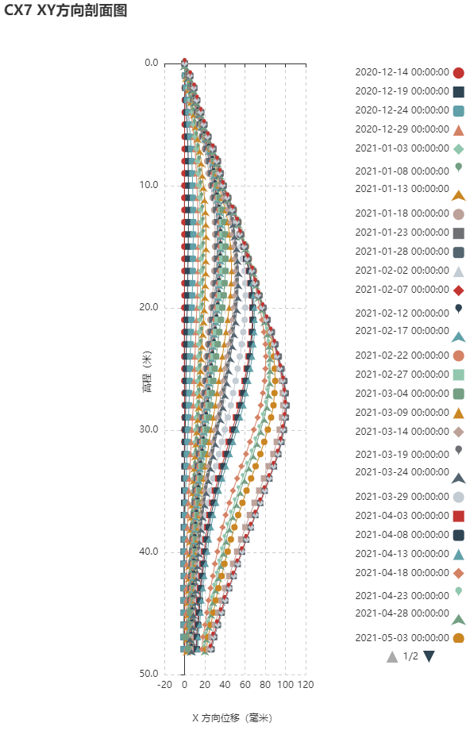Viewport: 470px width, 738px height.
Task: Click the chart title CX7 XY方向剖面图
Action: pyautogui.click(x=66, y=10)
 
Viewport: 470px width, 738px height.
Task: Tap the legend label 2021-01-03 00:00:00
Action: pyautogui.click(x=402, y=148)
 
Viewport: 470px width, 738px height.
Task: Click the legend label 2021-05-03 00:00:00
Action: pyautogui.click(x=402, y=638)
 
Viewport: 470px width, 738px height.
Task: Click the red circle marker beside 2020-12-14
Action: pyautogui.click(x=458, y=73)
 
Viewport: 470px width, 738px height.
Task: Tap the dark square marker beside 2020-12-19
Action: pyautogui.click(x=458, y=92)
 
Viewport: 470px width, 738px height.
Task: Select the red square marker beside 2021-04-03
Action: pyautogui.click(x=458, y=516)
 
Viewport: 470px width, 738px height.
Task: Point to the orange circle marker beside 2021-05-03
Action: pyautogui.click(x=458, y=638)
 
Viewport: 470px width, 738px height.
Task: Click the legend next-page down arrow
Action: pyautogui.click(x=429, y=656)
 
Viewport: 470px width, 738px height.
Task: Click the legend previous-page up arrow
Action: pyautogui.click(x=392, y=656)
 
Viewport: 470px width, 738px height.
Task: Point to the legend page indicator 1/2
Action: pyautogui.click(x=410, y=656)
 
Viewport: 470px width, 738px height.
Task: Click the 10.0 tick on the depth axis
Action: pyautogui.click(x=148, y=185)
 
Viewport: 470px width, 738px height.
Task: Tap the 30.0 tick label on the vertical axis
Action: pyautogui.click(x=148, y=429)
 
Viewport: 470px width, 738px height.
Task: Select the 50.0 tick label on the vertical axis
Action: pyautogui.click(x=148, y=674)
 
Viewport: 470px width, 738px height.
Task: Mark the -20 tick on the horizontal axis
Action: pyautogui.click(x=164, y=685)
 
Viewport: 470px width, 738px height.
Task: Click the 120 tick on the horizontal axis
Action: pyautogui.click(x=306, y=685)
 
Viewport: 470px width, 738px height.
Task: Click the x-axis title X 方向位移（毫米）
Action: pyautogui.click(x=232, y=718)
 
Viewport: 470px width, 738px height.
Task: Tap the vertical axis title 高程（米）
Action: pyautogui.click(x=148, y=371)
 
